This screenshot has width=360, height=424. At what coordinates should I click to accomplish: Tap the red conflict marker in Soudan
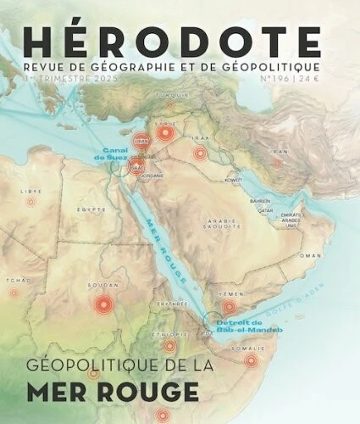103,304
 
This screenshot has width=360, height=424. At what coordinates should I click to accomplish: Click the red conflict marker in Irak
201,153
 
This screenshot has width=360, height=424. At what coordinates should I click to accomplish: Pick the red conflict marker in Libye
31,202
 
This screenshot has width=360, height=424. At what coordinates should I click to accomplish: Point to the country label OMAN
312,255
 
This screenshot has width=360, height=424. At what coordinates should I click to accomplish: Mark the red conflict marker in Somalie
251,360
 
